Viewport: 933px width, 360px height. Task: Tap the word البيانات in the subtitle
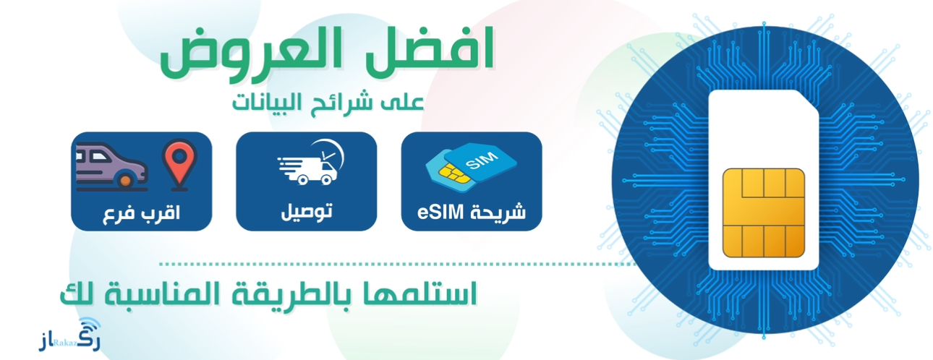271,102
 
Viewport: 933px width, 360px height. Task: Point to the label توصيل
307,212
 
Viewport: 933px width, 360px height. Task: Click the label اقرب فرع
141,213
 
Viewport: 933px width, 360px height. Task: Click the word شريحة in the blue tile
500,213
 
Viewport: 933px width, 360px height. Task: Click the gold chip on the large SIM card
764,213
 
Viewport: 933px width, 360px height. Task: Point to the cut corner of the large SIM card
805,102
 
